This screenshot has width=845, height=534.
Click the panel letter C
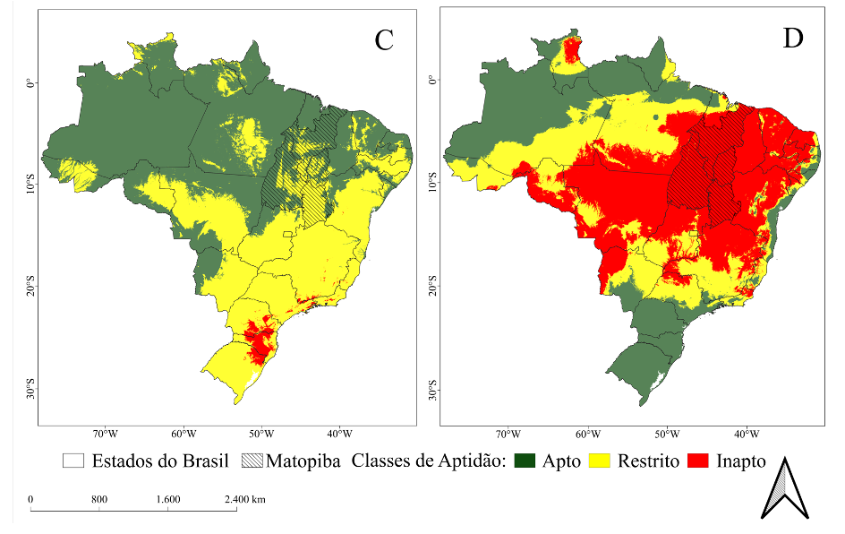click(384, 40)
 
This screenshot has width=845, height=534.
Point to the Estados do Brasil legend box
click(73, 461)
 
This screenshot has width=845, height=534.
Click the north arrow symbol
click(785, 487)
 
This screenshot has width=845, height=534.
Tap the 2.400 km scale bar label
click(244, 499)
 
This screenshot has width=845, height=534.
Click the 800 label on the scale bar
click(99, 499)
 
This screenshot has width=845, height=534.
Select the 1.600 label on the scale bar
click(168, 499)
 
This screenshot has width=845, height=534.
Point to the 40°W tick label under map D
click(747, 435)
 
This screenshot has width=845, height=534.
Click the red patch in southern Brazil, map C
click(259, 340)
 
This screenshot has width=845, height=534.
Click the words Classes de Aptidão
click(429, 462)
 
